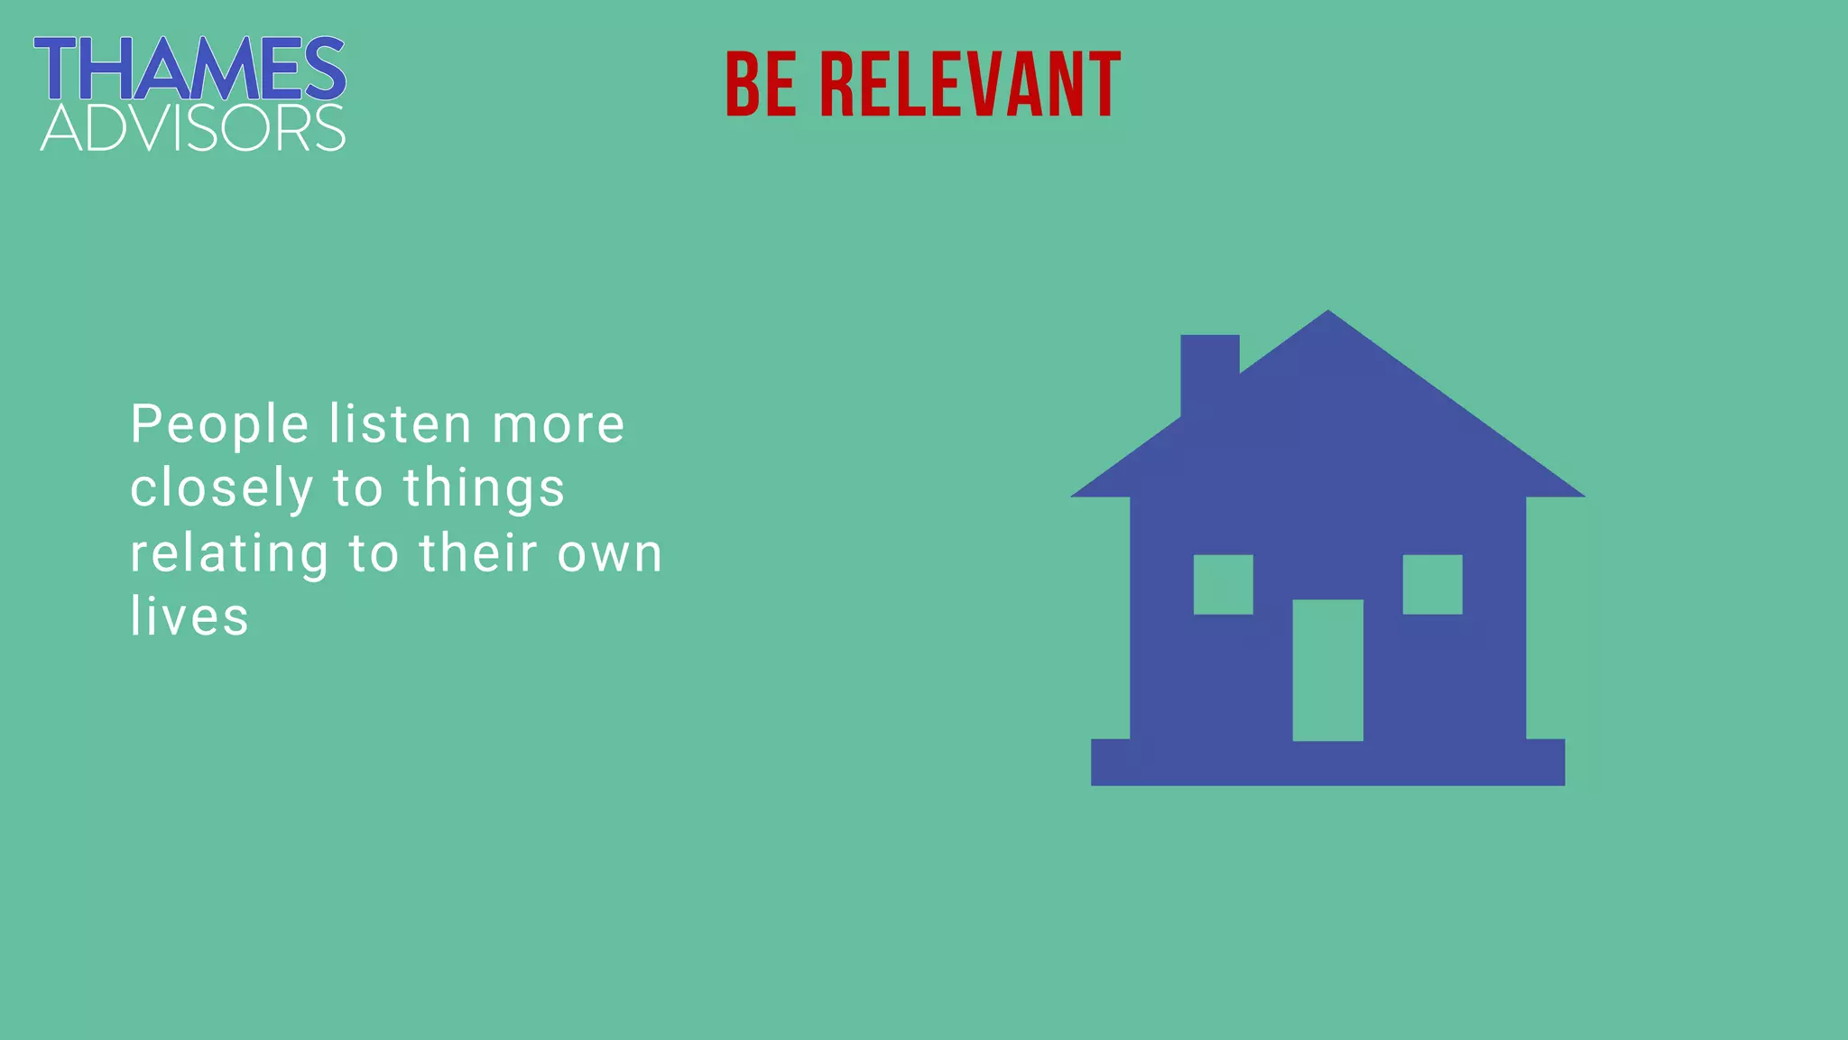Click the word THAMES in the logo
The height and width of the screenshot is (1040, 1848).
click(x=189, y=69)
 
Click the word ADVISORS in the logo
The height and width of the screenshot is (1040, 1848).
click(x=193, y=128)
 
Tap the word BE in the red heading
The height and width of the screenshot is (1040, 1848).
click(x=761, y=85)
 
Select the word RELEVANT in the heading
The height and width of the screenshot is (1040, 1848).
click(x=970, y=85)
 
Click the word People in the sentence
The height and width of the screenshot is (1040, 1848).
click(x=220, y=424)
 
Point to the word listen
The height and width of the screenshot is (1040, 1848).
click(x=400, y=424)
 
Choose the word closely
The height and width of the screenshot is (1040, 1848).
click(x=221, y=488)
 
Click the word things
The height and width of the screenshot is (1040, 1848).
click(x=484, y=488)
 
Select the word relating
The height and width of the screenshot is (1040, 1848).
click(x=229, y=553)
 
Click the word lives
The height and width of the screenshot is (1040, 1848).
click(x=189, y=617)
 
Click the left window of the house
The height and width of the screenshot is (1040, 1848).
click(x=1223, y=584)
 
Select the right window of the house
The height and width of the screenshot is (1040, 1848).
click(x=1432, y=584)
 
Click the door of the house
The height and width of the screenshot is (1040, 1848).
click(x=1327, y=670)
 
